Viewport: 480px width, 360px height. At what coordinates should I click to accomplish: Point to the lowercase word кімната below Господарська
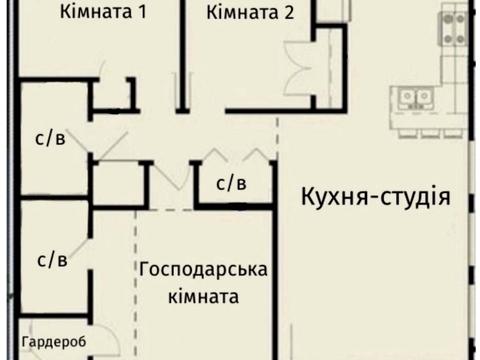[204, 297]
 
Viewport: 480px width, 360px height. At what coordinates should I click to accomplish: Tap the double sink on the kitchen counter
[417, 97]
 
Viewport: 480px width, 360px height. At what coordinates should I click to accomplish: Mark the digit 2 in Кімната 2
[288, 13]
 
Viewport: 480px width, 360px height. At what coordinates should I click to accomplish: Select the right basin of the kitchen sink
[424, 97]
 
